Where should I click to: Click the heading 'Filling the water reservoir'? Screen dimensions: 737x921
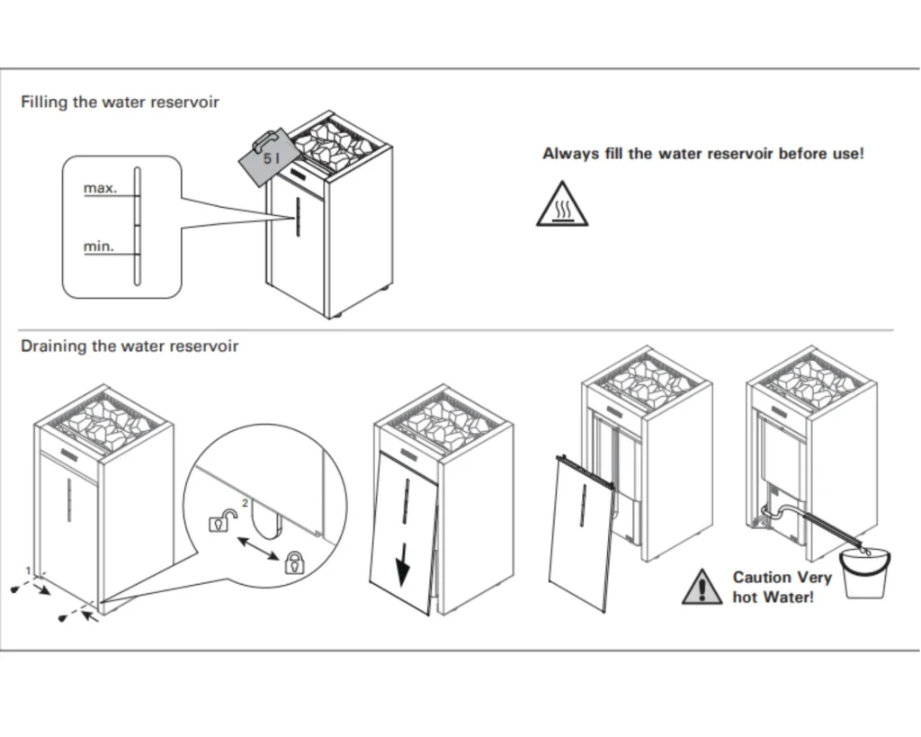(x=120, y=102)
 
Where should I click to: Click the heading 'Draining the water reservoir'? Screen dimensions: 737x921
(x=130, y=346)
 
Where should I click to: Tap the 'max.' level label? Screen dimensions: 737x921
(x=100, y=189)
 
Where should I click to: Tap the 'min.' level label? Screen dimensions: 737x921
(x=99, y=247)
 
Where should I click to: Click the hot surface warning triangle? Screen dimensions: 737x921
(x=562, y=205)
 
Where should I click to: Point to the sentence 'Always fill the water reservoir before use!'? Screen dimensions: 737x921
(x=702, y=154)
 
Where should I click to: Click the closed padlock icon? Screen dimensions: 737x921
(x=293, y=563)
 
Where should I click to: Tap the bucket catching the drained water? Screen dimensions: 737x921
(x=867, y=573)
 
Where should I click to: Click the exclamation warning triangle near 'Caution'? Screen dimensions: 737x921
(x=702, y=587)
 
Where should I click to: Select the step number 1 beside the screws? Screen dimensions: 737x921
(x=29, y=570)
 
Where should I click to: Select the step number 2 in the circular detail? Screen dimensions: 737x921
(x=245, y=504)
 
